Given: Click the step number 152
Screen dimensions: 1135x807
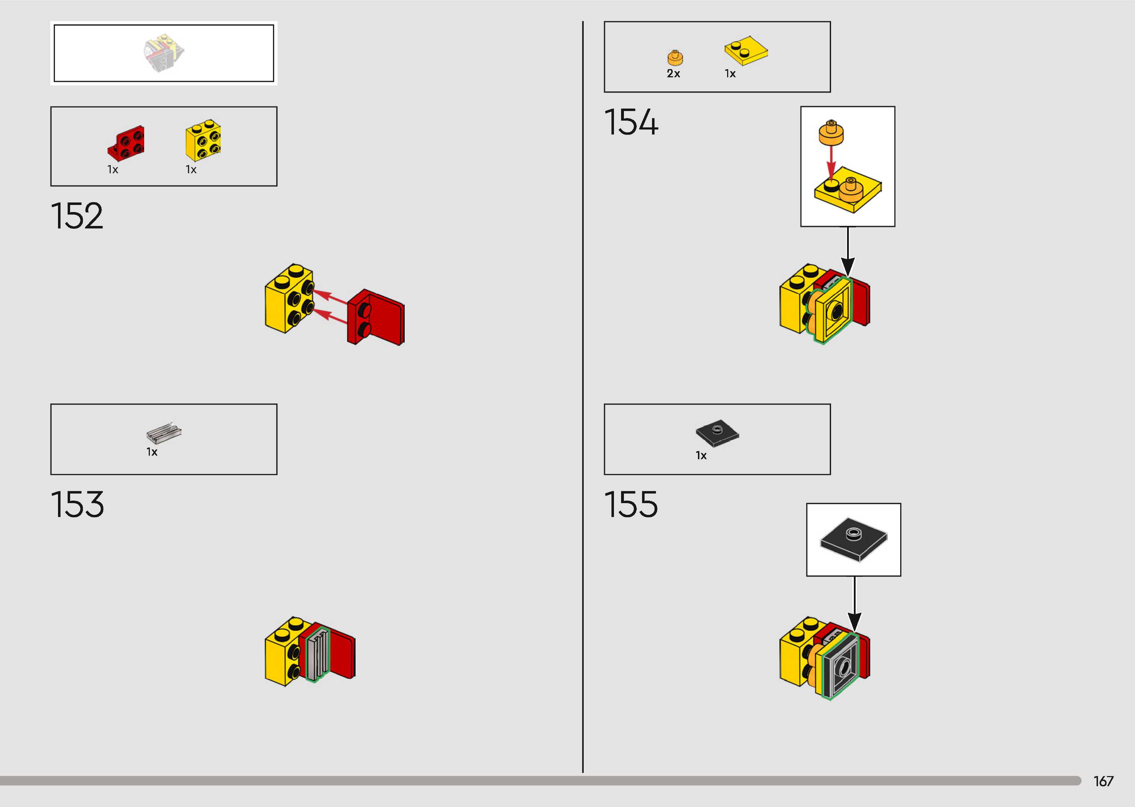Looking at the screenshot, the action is pos(77,216).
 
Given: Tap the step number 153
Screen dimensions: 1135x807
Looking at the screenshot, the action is pos(78,505).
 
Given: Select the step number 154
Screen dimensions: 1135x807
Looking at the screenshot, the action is pos(631,122).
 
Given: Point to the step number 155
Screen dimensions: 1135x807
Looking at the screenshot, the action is pos(631,505).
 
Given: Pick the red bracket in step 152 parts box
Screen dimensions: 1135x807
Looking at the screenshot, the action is pos(126,143).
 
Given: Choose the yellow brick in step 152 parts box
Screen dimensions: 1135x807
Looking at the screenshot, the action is pos(203,139).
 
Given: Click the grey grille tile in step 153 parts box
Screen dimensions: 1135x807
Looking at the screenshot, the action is pos(163,432).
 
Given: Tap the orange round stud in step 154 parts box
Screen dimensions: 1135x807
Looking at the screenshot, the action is pos(675,58).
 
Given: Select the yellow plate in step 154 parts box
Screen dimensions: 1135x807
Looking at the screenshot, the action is pos(745,50).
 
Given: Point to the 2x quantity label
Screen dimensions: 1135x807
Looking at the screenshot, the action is pos(673,74).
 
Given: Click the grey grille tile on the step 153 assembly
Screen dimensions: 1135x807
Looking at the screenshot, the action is pos(317,655).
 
